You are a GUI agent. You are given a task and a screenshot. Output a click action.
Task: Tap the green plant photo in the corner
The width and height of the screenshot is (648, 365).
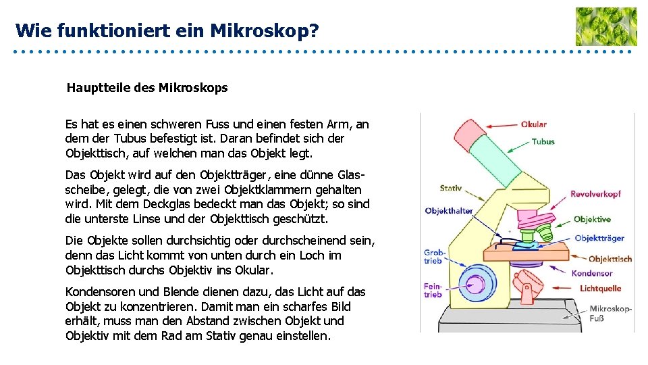[x=605, y=26]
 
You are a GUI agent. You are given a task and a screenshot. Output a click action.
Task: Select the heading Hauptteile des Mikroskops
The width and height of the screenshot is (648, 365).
[x=147, y=88]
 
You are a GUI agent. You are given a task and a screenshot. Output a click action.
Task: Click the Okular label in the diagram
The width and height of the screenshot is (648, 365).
[x=533, y=124]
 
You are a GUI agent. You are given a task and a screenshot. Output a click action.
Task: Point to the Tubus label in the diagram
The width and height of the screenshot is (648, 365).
[x=543, y=142]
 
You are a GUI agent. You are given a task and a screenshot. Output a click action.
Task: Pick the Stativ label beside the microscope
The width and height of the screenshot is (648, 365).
[x=450, y=189]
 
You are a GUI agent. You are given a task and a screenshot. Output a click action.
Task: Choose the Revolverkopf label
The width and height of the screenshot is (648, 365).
[x=595, y=194]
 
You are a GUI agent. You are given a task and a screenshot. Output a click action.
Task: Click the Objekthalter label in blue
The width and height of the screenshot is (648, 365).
[x=449, y=211]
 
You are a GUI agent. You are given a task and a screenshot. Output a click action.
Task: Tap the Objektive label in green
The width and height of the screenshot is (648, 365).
[x=592, y=220]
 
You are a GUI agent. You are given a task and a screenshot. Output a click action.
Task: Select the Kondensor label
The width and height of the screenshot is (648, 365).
[x=592, y=274]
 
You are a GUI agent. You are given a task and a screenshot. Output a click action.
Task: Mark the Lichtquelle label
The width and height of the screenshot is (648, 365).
[x=600, y=289]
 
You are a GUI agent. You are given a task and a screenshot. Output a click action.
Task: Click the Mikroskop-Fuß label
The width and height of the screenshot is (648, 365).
[x=610, y=314]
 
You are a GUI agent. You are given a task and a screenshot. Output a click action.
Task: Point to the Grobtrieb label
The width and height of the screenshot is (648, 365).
[x=433, y=257]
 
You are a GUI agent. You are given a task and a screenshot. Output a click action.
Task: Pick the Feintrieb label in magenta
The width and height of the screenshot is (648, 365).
[x=433, y=290]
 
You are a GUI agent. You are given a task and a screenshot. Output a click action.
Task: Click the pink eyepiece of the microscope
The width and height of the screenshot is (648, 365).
[x=474, y=135]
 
